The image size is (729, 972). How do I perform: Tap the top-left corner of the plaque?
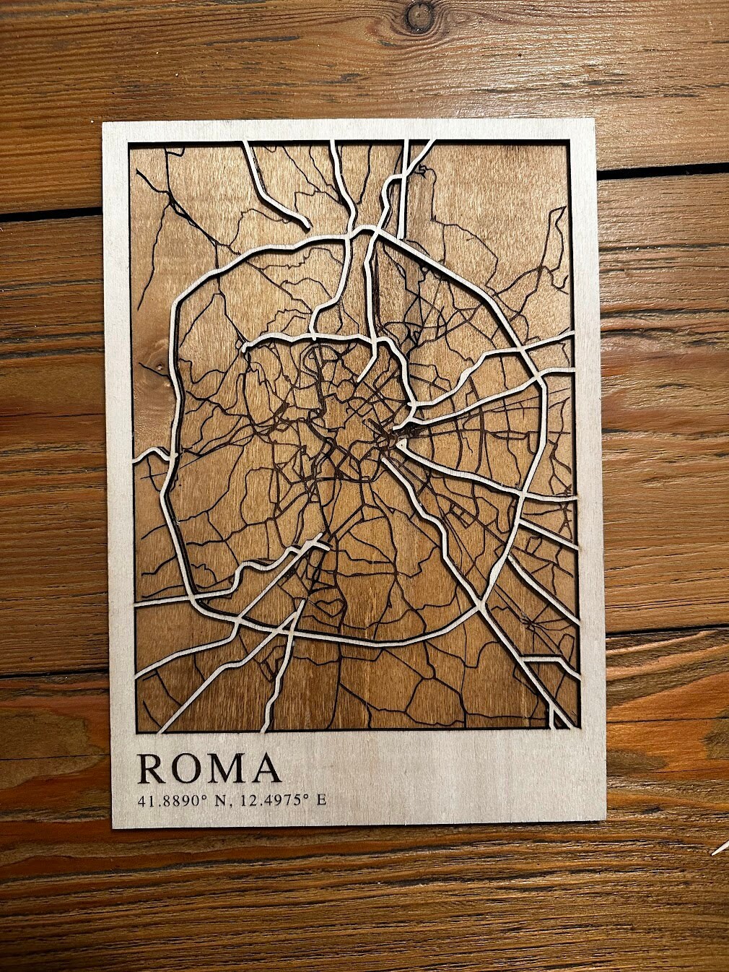click(x=103, y=123)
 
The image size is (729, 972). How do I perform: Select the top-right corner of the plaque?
click(x=594, y=119)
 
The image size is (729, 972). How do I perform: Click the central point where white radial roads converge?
click(x=396, y=436)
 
